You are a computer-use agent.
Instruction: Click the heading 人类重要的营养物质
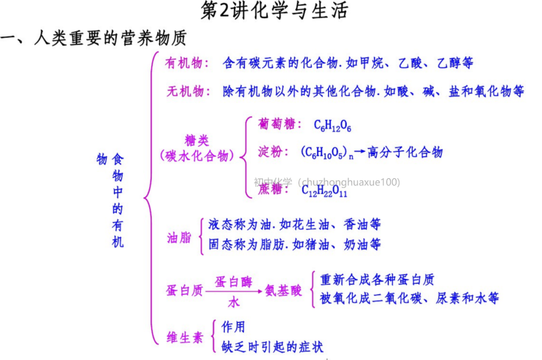click(x=110, y=38)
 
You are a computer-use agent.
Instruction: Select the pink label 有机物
click(x=184, y=63)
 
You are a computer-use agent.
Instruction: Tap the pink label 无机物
click(x=185, y=91)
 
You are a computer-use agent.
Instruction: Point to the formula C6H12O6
click(x=332, y=126)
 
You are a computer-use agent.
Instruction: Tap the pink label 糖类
click(x=197, y=140)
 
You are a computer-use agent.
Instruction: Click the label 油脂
click(x=179, y=237)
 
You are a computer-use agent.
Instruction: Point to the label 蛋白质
click(x=185, y=290)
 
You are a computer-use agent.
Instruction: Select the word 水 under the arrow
click(x=234, y=302)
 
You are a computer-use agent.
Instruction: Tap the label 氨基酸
click(x=284, y=290)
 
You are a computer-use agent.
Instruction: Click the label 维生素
click(x=185, y=337)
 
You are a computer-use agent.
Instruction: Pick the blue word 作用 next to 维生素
click(x=233, y=327)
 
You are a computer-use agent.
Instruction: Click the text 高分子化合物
click(x=405, y=152)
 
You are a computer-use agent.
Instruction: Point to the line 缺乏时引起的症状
click(x=273, y=347)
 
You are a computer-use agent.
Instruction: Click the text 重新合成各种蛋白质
click(x=377, y=279)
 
